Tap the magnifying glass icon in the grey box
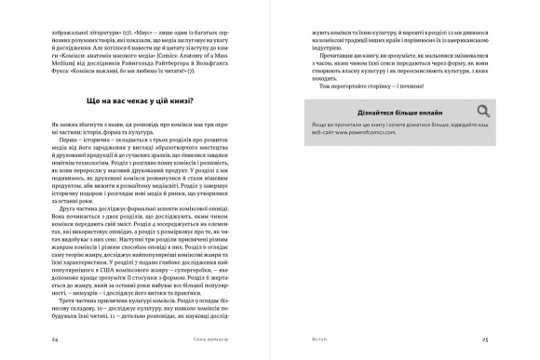(x=482, y=112)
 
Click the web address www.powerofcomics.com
(x=367, y=133)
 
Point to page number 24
(x=59, y=341)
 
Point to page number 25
(x=484, y=341)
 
